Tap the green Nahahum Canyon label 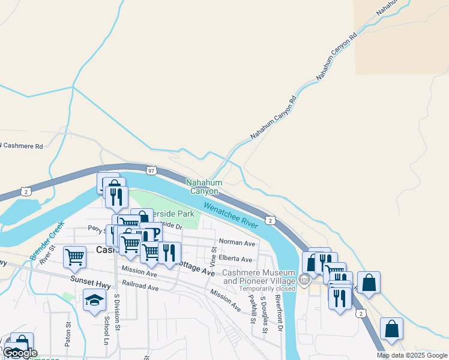pos(204,187)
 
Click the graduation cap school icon pos(94,301)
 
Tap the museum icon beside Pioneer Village pos(304,280)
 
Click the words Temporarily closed pos(268,288)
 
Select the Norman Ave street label pos(237,243)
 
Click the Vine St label pos(213,256)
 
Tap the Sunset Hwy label pos(90,280)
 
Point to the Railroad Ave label pos(140,287)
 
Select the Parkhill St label pos(252,308)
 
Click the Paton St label pos(68,332)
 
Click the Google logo pos(20,353)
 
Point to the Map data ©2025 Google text pos(411,355)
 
